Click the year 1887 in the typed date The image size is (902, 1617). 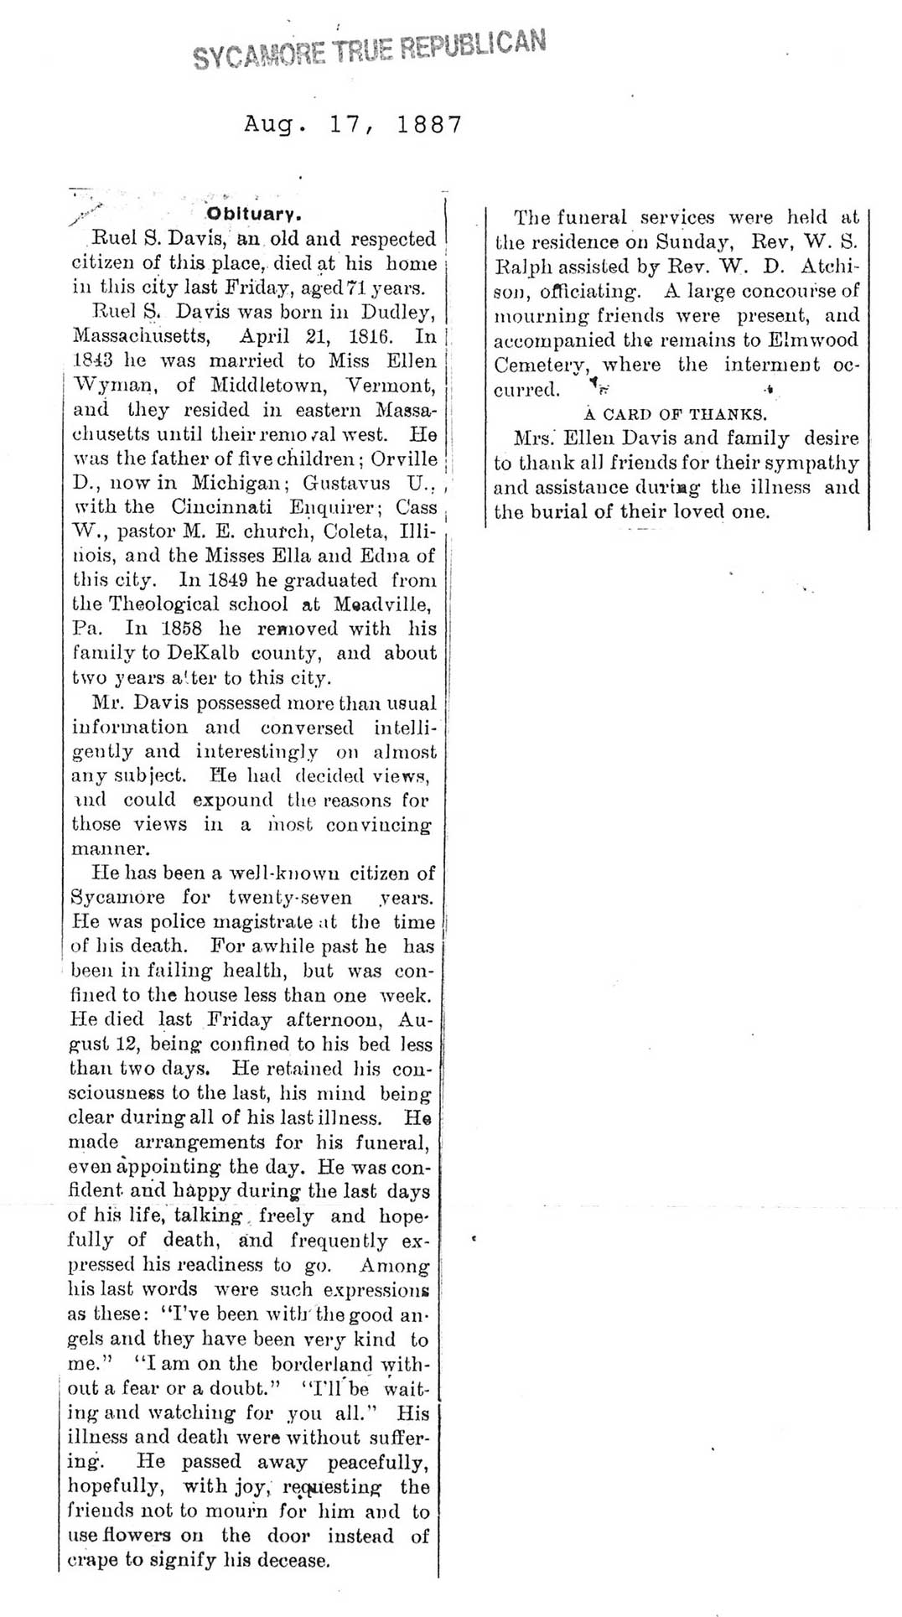click(x=429, y=125)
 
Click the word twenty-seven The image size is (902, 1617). click(x=290, y=898)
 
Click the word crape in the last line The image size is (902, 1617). click(x=92, y=1561)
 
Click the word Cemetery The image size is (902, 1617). click(x=541, y=365)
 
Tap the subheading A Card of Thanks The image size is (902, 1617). click(x=675, y=414)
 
